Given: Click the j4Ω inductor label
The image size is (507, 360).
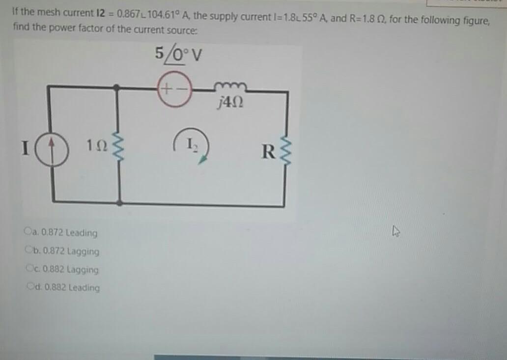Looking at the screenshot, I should click(x=230, y=104).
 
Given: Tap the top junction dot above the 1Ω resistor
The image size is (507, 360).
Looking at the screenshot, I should click(x=116, y=88).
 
